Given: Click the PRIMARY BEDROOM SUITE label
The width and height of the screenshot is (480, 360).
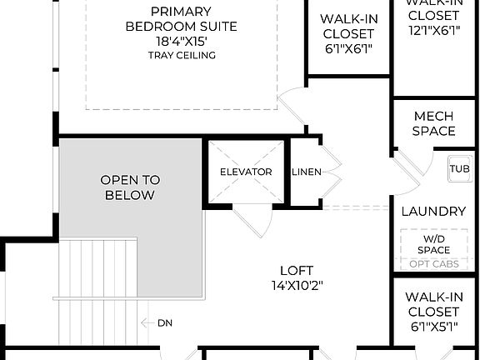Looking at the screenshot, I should coord(181,19).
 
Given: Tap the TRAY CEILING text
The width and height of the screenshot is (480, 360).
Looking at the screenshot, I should coord(182,56).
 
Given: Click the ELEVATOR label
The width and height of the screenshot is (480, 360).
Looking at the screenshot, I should coord(246,172).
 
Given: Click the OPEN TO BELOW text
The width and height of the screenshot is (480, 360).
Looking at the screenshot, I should coord(130,187).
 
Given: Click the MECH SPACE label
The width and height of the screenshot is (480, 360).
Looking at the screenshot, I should coord(434,123).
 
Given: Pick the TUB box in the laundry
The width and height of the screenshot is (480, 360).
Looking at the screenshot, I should coord(459,168).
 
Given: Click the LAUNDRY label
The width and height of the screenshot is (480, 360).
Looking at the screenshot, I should coord(433,212).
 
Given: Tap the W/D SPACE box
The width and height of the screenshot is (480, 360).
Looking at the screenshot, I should coord(433,244).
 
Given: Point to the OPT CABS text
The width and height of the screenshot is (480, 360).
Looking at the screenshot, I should coord(433,265).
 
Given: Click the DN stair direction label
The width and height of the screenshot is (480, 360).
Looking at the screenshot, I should coord(165,322).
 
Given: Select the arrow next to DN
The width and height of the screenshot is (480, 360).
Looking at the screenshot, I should coord(147,322).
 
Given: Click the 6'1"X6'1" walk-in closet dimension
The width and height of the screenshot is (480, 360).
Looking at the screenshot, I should coord(347,49).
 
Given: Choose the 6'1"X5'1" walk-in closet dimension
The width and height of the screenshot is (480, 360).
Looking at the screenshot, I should coord(433,327).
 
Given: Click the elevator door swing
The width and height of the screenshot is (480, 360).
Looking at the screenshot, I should coord(252,220).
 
